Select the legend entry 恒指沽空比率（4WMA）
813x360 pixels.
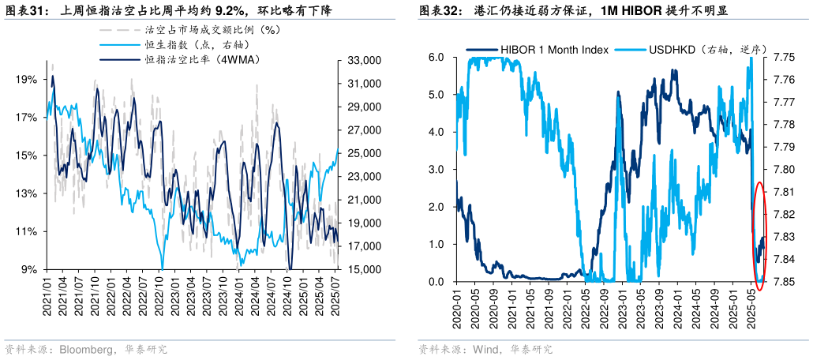(x=202, y=59)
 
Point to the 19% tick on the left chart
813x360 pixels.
(x=26, y=80)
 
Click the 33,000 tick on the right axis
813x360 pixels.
(x=365, y=60)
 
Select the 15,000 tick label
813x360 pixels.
(x=365, y=270)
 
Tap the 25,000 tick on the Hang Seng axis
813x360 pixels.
(x=365, y=153)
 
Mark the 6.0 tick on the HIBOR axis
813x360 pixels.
(x=436, y=57)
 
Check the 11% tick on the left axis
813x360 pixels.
(x=26, y=232)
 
